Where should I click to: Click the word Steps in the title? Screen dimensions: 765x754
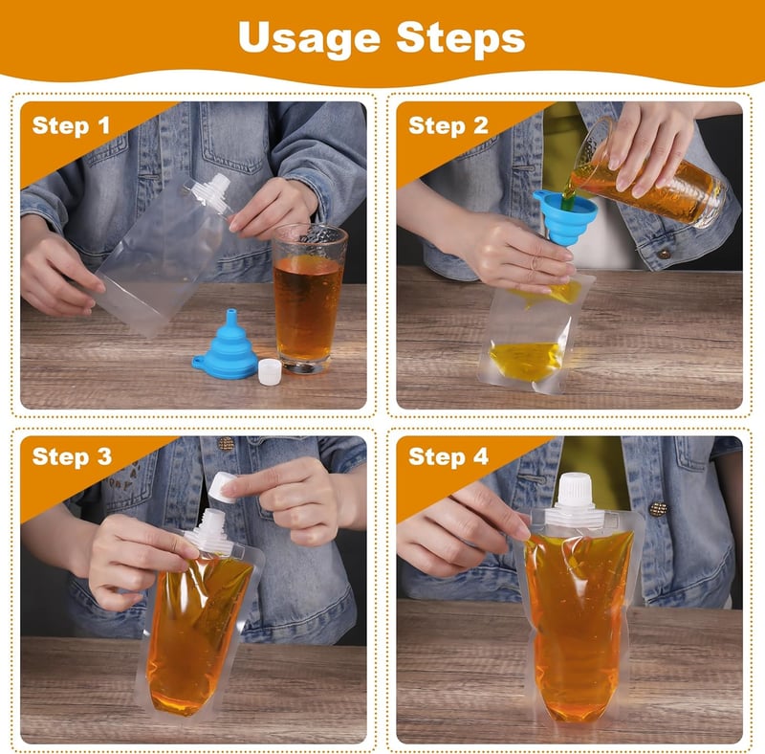pyautogui.click(x=461, y=37)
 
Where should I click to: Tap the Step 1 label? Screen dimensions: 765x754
pyautogui.click(x=71, y=126)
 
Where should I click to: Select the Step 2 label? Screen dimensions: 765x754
pyautogui.click(x=448, y=126)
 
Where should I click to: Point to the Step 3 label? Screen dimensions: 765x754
pyautogui.click(x=72, y=457)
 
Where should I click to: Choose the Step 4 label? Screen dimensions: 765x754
pyautogui.click(x=448, y=457)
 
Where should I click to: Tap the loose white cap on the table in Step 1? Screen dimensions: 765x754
pyautogui.click(x=270, y=371)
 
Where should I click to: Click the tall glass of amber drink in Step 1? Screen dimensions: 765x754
pyautogui.click(x=309, y=299)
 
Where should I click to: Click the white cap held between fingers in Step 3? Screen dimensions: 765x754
pyautogui.click(x=223, y=487)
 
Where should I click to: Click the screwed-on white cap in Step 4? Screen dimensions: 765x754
pyautogui.click(x=575, y=490)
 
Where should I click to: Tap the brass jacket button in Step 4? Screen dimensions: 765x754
pyautogui.click(x=658, y=509)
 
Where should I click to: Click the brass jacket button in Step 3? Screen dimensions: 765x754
pyautogui.click(x=226, y=443)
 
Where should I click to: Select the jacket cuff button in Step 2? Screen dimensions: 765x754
pyautogui.click(x=664, y=254)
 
